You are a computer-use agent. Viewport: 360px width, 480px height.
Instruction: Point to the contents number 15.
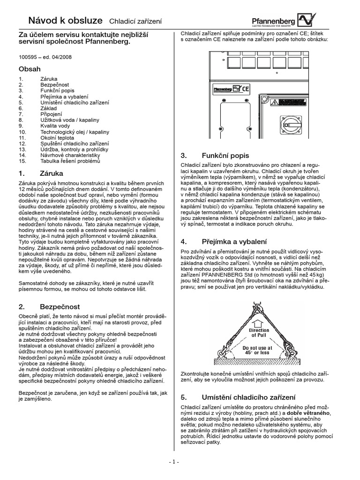click(22, 161)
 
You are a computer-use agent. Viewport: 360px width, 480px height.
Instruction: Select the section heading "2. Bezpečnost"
click(45, 307)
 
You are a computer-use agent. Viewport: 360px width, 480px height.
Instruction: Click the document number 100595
click(28, 57)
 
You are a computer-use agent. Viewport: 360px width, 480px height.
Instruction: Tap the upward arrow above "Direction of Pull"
click(258, 323)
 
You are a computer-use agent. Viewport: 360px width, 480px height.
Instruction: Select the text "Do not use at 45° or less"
click(258, 350)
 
